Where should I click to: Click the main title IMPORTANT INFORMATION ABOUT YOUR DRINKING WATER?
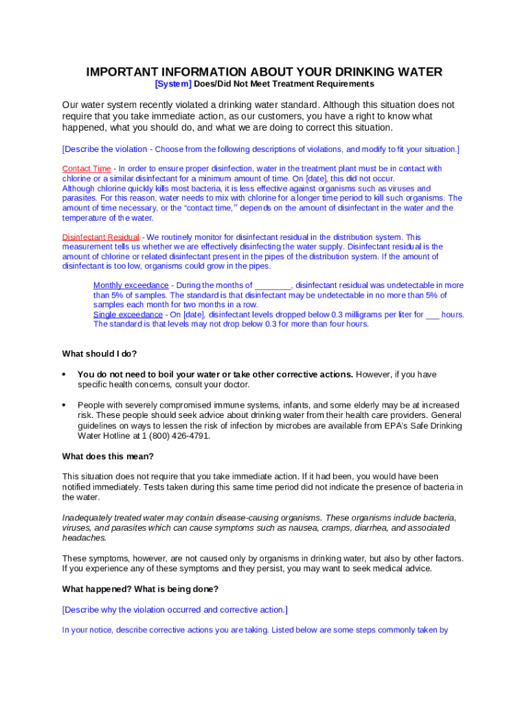point(264,72)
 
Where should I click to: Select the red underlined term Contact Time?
point(87,168)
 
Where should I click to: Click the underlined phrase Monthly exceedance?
point(131,285)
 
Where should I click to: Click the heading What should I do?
point(99,354)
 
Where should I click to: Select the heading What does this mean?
point(108,456)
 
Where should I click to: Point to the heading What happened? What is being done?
point(140,589)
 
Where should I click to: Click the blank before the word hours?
point(432,315)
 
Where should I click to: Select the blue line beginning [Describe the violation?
point(260,149)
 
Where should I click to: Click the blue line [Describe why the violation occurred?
point(175,610)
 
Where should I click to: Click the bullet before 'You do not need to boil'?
point(64,375)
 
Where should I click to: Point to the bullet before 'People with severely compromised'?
point(64,406)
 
